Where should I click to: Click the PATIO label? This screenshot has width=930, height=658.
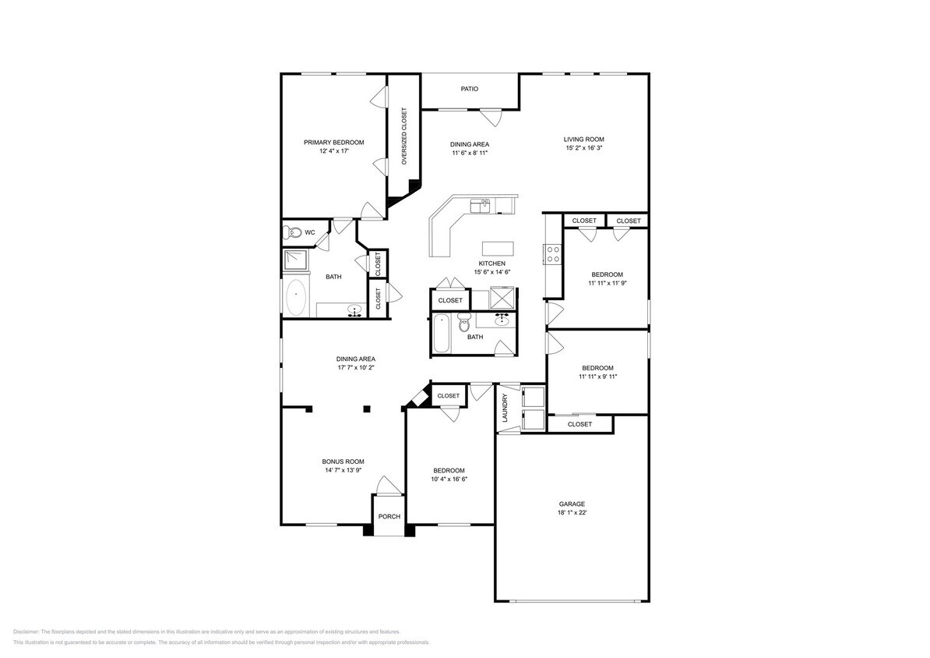pos(469,89)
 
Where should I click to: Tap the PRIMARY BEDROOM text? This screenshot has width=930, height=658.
pos(333,142)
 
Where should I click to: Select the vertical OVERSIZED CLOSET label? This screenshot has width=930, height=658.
pos(404,136)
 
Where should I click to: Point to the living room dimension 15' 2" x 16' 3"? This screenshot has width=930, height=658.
pos(583,147)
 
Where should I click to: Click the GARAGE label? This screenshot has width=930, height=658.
pos(571,504)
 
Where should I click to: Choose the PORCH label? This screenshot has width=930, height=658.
pos(389,517)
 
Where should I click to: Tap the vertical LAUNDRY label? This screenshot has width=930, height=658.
pos(505,408)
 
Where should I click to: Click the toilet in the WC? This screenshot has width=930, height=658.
pos(293,232)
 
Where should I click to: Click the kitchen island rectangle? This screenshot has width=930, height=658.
pos(498,249)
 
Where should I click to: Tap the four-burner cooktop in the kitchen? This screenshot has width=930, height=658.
pos(553,254)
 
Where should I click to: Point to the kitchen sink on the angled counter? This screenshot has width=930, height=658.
pos(481,205)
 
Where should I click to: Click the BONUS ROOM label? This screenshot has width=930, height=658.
pos(343,462)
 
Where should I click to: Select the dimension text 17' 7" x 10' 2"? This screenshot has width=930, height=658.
pos(355,367)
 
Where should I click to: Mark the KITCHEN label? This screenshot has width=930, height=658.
pos(492,264)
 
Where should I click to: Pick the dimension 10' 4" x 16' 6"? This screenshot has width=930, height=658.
pos(449,479)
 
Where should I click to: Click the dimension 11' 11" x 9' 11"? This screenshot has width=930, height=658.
pos(597,377)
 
